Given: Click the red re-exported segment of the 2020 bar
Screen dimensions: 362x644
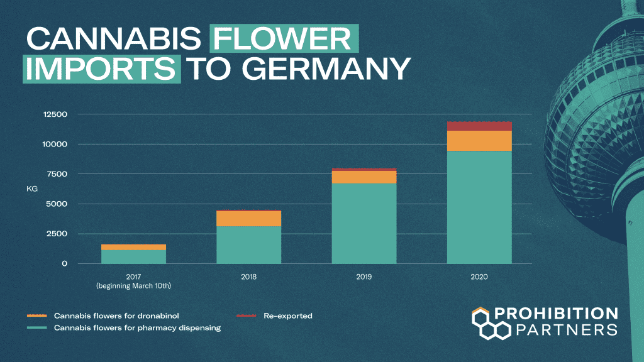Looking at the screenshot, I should (x=479, y=126).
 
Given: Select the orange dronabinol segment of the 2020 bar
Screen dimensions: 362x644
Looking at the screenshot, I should (x=479, y=141).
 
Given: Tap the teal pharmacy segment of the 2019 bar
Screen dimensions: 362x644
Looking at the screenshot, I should (x=364, y=223).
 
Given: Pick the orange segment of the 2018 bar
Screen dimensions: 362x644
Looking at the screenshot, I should (x=248, y=218).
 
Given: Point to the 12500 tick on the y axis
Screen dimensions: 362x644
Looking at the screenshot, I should (x=55, y=114).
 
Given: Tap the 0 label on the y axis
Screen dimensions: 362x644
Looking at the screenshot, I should (x=64, y=263).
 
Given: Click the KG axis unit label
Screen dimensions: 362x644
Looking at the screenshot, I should (x=32, y=189).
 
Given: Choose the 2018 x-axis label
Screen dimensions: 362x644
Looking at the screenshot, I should (x=248, y=277).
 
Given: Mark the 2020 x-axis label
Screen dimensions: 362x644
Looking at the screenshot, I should (x=479, y=277).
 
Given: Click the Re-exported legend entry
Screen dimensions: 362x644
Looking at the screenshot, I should (x=287, y=315).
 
